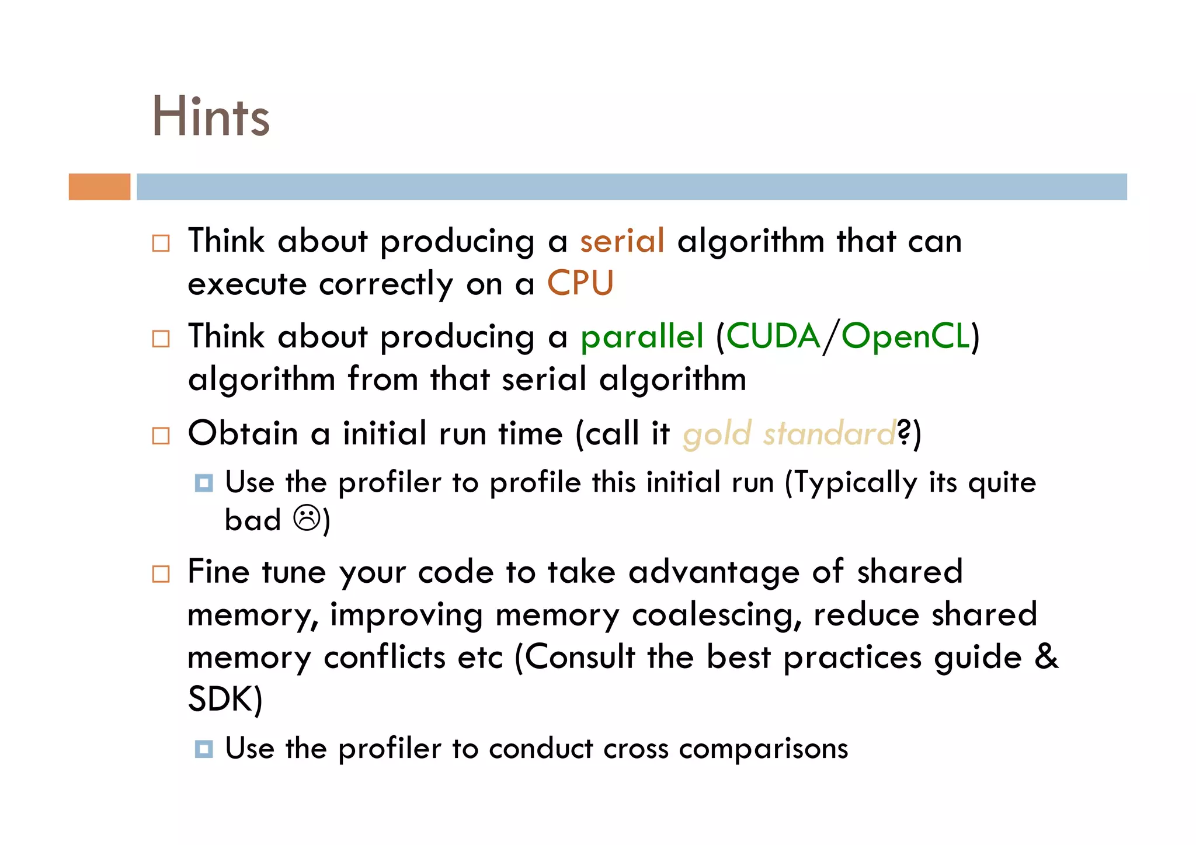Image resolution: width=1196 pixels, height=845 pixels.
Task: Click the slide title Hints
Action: click(x=211, y=117)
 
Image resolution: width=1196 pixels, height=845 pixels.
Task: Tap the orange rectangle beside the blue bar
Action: click(x=99, y=187)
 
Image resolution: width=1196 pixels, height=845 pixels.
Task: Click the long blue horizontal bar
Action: click(x=631, y=187)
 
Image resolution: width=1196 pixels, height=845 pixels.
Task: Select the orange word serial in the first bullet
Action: click(x=622, y=241)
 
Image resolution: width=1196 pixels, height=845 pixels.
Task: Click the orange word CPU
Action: click(x=580, y=284)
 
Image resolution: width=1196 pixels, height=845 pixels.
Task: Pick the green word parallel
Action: click(x=642, y=337)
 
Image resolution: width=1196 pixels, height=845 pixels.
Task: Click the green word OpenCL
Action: click(x=906, y=337)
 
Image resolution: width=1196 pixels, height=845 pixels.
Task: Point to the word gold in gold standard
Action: click(x=717, y=434)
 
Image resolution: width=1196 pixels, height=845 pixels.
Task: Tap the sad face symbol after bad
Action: click(x=307, y=518)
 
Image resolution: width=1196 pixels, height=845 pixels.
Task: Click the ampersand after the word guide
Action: click(x=1046, y=656)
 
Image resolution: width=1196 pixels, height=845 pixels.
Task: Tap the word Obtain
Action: click(x=243, y=433)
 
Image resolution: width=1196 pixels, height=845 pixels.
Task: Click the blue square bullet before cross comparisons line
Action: click(x=204, y=749)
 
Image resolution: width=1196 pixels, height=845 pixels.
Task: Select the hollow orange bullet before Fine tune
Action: click(x=161, y=573)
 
